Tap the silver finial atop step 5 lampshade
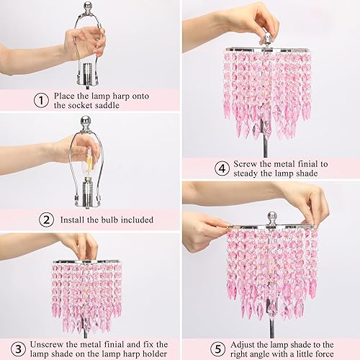click(273, 216)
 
